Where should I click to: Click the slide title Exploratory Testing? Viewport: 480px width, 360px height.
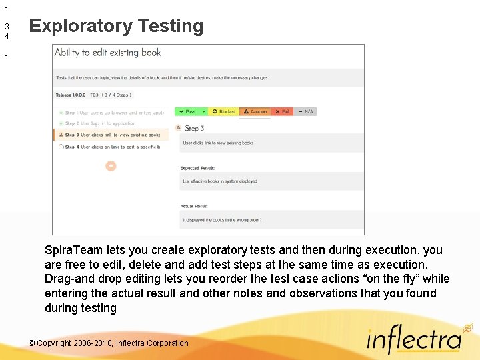click(x=116, y=26)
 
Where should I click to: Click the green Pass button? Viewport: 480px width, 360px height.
click(x=188, y=111)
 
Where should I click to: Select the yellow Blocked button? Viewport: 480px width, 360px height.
click(x=224, y=111)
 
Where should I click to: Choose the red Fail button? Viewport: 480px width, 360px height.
click(x=283, y=111)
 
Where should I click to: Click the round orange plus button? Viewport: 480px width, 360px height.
click(x=111, y=166)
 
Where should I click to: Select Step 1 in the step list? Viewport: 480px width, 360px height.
click(x=110, y=113)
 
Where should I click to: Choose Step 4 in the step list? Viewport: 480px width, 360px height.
click(x=110, y=147)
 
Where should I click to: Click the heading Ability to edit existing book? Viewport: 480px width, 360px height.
click(x=107, y=53)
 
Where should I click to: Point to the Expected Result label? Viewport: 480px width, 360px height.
click(x=198, y=168)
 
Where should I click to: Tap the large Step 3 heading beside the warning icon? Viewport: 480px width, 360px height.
click(x=194, y=128)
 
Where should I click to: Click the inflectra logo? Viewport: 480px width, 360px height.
click(x=414, y=340)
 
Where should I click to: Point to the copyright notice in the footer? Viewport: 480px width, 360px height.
click(x=109, y=343)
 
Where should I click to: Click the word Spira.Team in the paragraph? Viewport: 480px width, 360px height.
click(x=73, y=250)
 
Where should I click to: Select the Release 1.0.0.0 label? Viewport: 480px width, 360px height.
click(x=70, y=95)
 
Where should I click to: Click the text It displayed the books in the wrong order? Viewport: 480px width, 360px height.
click(x=222, y=219)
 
